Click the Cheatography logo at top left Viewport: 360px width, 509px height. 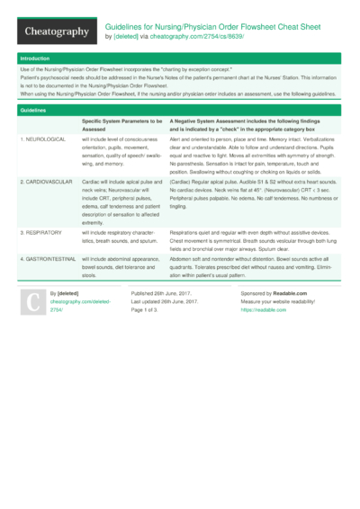tap(56, 31)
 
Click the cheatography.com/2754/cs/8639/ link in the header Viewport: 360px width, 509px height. tap(192, 37)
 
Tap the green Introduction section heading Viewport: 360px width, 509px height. tap(36, 58)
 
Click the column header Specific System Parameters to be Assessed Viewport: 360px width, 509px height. tap(122, 124)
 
